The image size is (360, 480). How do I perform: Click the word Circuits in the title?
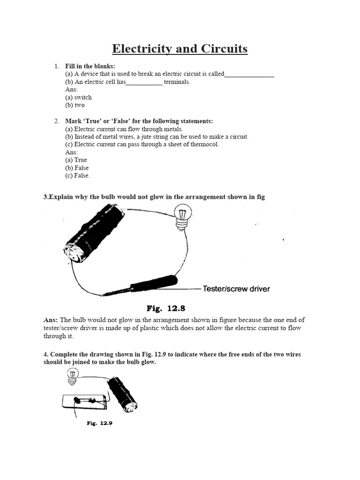point(223,49)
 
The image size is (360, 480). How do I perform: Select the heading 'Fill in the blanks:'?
point(90,66)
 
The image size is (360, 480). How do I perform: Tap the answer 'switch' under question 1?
point(83,97)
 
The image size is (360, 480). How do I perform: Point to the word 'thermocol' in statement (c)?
point(203,144)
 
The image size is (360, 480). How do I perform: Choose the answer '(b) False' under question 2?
point(77,168)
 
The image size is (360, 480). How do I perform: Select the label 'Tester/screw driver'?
point(236,289)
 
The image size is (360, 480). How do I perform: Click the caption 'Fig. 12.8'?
point(166,308)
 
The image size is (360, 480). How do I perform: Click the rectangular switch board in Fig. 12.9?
point(85,401)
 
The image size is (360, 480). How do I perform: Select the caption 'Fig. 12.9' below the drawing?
point(99,423)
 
